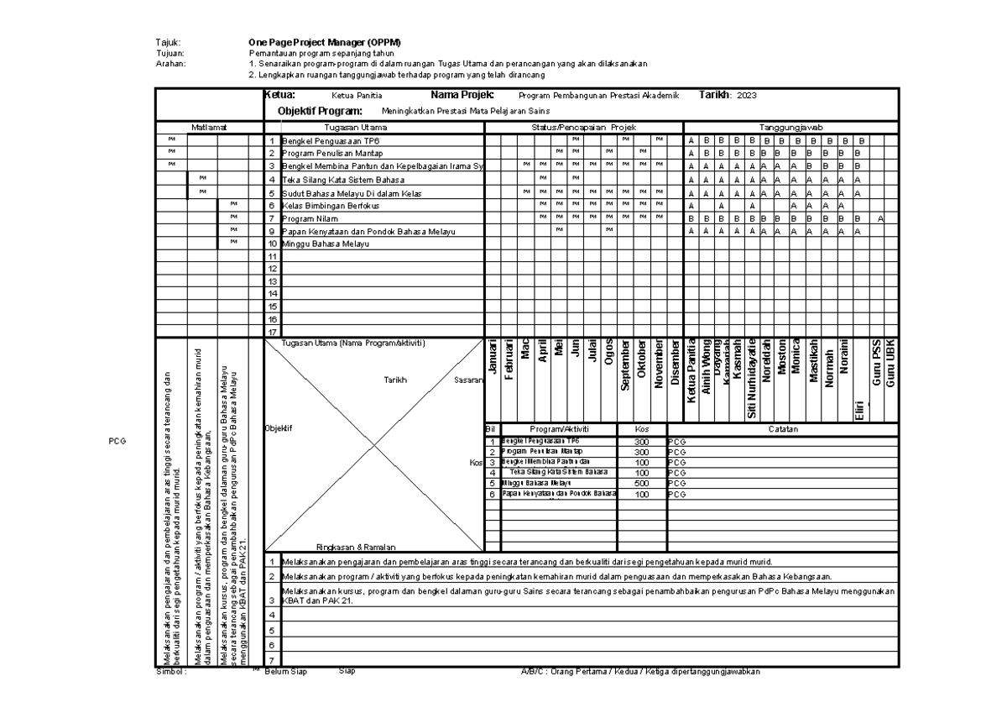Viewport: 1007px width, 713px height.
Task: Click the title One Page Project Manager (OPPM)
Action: pos(325,42)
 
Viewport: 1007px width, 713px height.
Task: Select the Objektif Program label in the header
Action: pos(320,111)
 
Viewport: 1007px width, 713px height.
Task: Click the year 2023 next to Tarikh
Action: pos(746,97)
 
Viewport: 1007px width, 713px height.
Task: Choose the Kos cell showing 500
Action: pos(642,483)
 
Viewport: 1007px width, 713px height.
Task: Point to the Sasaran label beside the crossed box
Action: pos(467,380)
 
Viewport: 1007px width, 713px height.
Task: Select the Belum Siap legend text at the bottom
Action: pos(285,672)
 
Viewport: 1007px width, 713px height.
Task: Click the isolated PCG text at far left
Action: pos(117,440)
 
